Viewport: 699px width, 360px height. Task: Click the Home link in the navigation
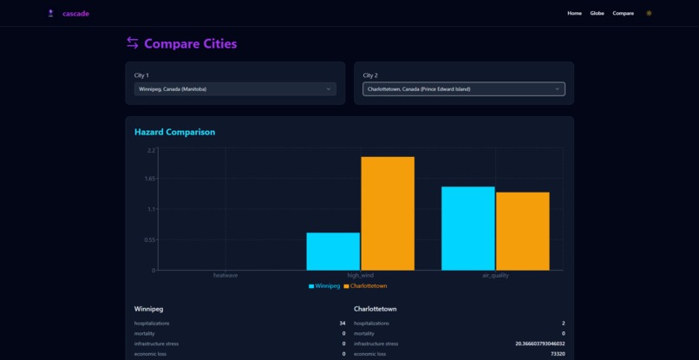tap(574, 13)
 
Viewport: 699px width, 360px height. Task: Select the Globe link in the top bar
tap(597, 13)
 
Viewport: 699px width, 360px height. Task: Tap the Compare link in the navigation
tap(623, 13)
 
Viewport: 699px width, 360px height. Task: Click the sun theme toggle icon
tap(649, 13)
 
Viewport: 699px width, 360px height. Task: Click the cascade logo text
tap(75, 14)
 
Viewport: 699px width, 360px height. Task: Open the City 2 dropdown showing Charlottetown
tap(463, 88)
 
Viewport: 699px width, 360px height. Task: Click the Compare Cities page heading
tap(190, 43)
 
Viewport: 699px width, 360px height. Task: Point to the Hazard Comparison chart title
tap(174, 132)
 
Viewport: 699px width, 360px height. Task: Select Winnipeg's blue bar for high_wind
tap(333, 251)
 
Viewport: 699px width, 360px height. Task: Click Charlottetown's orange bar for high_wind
tap(388, 213)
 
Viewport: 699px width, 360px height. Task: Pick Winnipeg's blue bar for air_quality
tap(467, 228)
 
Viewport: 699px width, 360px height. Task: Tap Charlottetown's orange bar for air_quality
tap(523, 231)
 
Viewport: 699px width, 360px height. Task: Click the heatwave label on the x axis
tap(225, 275)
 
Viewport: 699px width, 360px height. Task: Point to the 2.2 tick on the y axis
tap(151, 150)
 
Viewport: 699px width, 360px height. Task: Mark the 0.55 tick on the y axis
tap(150, 239)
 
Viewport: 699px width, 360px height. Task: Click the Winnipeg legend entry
tap(324, 285)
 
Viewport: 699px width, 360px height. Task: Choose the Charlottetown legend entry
tap(365, 285)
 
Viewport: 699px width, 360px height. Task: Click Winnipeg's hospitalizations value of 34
tap(342, 323)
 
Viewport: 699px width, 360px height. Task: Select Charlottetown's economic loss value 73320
tap(557, 353)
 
